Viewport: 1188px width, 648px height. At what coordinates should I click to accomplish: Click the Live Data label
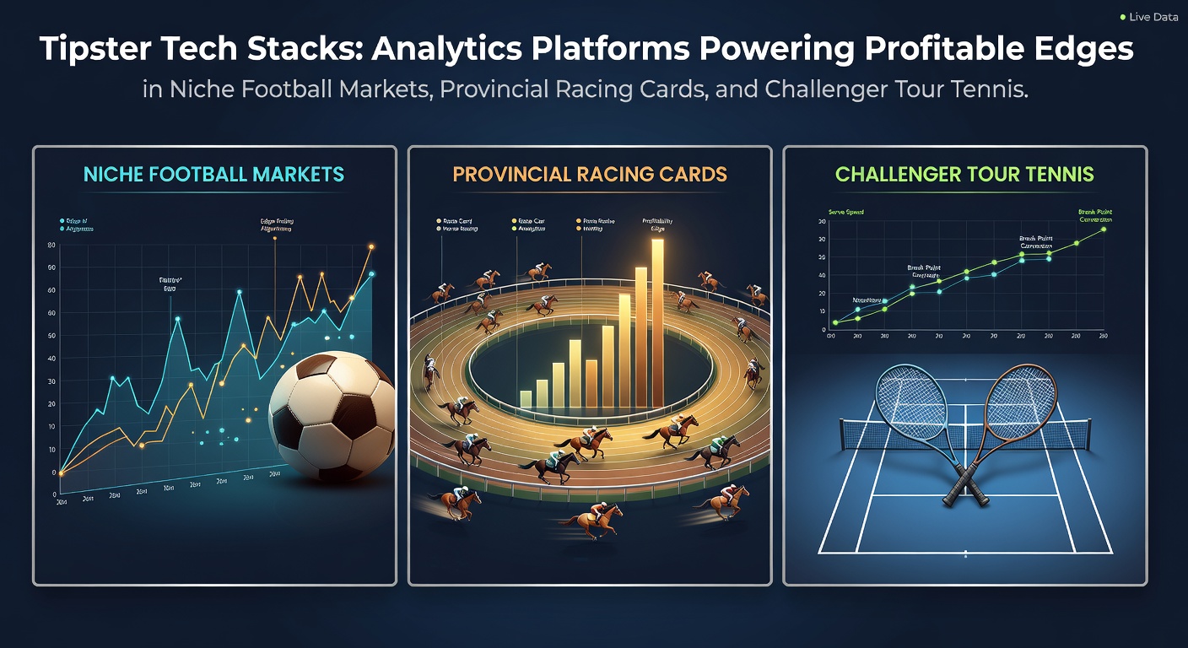tap(1153, 17)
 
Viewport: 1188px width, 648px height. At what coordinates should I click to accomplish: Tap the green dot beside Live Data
tap(1122, 17)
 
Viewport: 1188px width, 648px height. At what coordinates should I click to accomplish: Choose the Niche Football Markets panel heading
tap(214, 175)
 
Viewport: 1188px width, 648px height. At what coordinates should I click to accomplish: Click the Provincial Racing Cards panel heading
tap(590, 175)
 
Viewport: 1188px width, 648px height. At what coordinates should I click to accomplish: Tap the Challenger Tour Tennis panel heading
tap(964, 175)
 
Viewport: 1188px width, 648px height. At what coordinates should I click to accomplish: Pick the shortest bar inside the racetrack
tap(526, 398)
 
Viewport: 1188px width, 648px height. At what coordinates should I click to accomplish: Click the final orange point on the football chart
tap(370, 247)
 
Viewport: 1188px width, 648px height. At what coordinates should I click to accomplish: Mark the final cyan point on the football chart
tap(371, 274)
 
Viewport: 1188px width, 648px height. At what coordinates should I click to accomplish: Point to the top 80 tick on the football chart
tap(52, 246)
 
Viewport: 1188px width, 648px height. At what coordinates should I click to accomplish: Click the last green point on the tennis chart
tap(1103, 229)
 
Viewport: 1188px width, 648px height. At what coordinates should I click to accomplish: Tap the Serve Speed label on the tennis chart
tap(847, 213)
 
